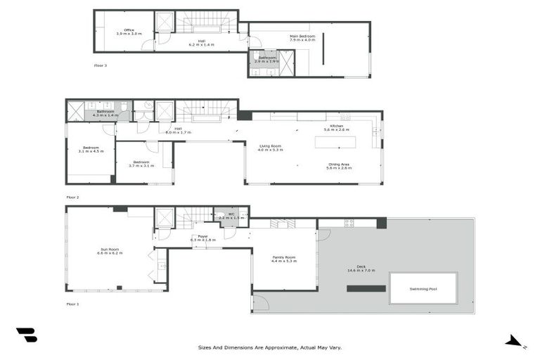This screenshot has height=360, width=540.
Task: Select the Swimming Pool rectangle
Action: (423, 289)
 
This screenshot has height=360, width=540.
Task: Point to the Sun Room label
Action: (109, 251)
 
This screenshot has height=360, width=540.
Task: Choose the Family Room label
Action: (284, 259)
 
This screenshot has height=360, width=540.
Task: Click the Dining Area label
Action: (339, 167)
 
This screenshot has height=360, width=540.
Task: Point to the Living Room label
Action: (270, 148)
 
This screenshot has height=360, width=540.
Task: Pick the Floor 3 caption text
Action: (101, 65)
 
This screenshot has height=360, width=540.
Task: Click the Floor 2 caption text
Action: (72, 198)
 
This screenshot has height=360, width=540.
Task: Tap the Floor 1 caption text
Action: (72, 304)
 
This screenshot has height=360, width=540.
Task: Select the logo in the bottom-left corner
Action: (27, 335)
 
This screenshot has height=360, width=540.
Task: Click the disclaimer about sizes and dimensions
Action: (270, 347)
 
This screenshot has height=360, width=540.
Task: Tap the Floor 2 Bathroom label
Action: (105, 112)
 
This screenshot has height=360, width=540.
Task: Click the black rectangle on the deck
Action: (366, 288)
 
